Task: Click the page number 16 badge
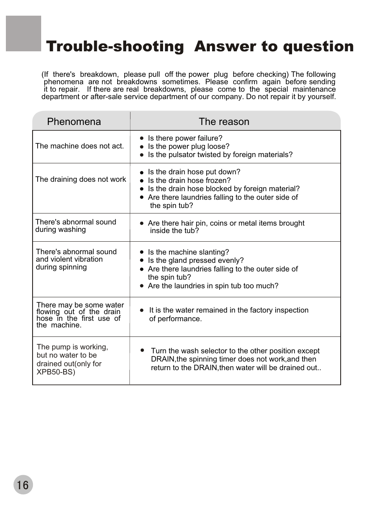click(x=23, y=485)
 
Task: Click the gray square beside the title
click(x=24, y=34)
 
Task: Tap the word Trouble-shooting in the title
click(x=115, y=47)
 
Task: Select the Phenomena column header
click(x=74, y=122)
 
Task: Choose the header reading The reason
click(x=224, y=122)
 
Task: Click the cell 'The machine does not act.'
click(x=80, y=146)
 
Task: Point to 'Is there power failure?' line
click(x=185, y=138)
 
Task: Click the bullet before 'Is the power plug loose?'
click(x=142, y=146)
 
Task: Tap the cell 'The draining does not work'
click(x=81, y=179)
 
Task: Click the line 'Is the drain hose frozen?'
click(x=189, y=181)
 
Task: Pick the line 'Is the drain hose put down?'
click(x=194, y=172)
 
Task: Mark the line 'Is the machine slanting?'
click(x=188, y=252)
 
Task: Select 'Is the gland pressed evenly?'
click(x=196, y=260)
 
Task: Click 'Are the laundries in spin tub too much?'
click(x=213, y=286)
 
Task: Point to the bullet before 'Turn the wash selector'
click(x=142, y=350)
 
